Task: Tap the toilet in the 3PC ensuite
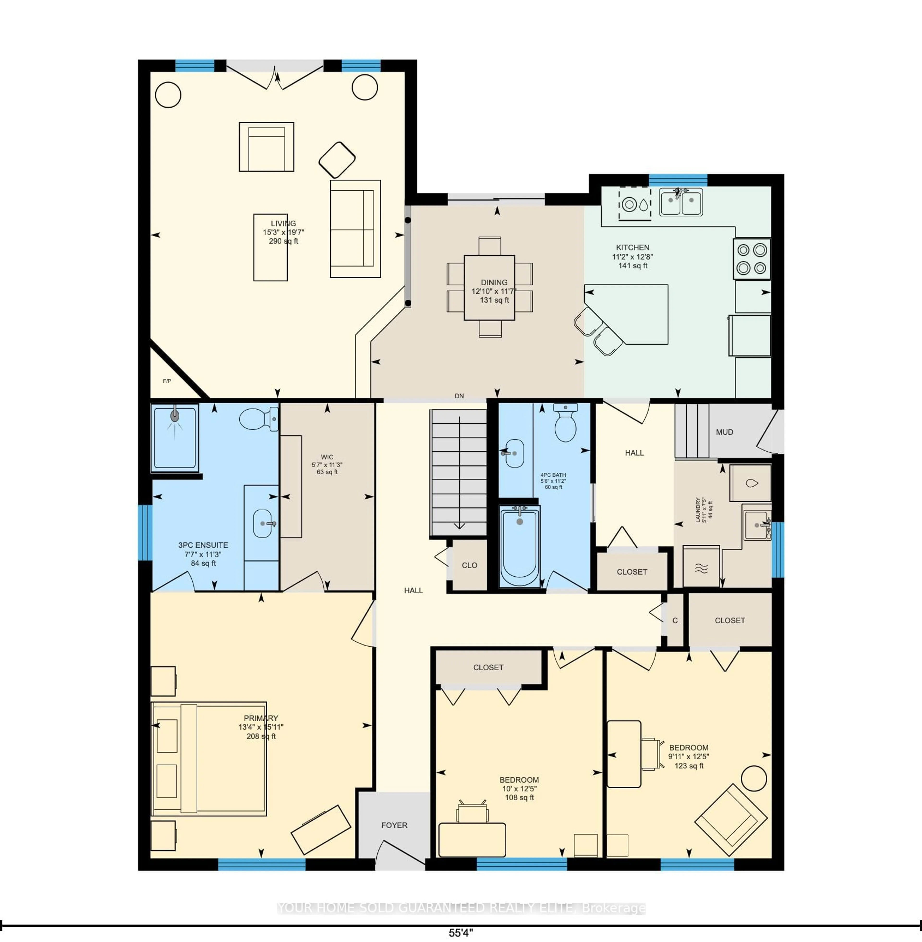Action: [258, 418]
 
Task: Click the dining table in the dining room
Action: [489, 288]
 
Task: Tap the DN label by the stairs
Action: [459, 396]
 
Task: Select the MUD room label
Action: [724, 432]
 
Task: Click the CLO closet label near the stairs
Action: [469, 565]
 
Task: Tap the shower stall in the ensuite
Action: [175, 437]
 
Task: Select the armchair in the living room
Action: [266, 147]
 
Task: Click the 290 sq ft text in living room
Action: [283, 241]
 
